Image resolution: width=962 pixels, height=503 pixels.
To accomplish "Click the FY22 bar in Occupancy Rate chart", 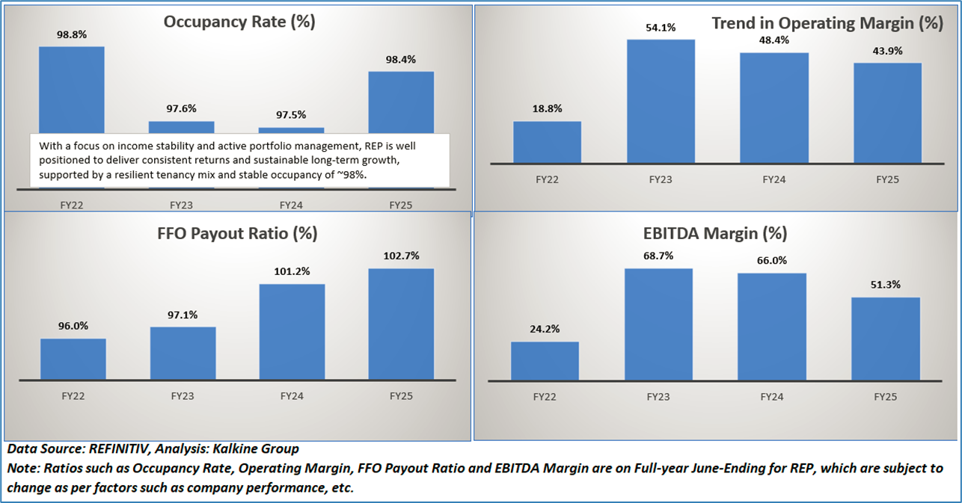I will click(71, 90).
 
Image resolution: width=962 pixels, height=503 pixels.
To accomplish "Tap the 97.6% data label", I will click(181, 108).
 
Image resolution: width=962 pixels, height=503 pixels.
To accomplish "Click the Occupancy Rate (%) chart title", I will click(239, 22).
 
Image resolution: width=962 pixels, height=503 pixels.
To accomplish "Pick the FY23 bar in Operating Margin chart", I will click(661, 101).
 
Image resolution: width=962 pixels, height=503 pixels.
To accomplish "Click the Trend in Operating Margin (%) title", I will click(827, 23).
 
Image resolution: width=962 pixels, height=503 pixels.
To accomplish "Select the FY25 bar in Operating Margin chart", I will click(887, 113).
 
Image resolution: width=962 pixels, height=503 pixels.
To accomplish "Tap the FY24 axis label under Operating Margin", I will click(773, 180).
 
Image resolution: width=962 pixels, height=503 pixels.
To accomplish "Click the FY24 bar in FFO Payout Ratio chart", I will click(291, 332).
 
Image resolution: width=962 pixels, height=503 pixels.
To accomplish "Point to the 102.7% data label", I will click(401, 256).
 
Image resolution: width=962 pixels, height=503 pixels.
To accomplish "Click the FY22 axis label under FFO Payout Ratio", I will click(73, 395).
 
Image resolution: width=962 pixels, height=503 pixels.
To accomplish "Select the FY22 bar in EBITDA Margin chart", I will click(545, 361).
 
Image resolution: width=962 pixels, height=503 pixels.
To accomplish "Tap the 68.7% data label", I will click(658, 256).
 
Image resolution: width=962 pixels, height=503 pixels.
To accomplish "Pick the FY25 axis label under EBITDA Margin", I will click(885, 397).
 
